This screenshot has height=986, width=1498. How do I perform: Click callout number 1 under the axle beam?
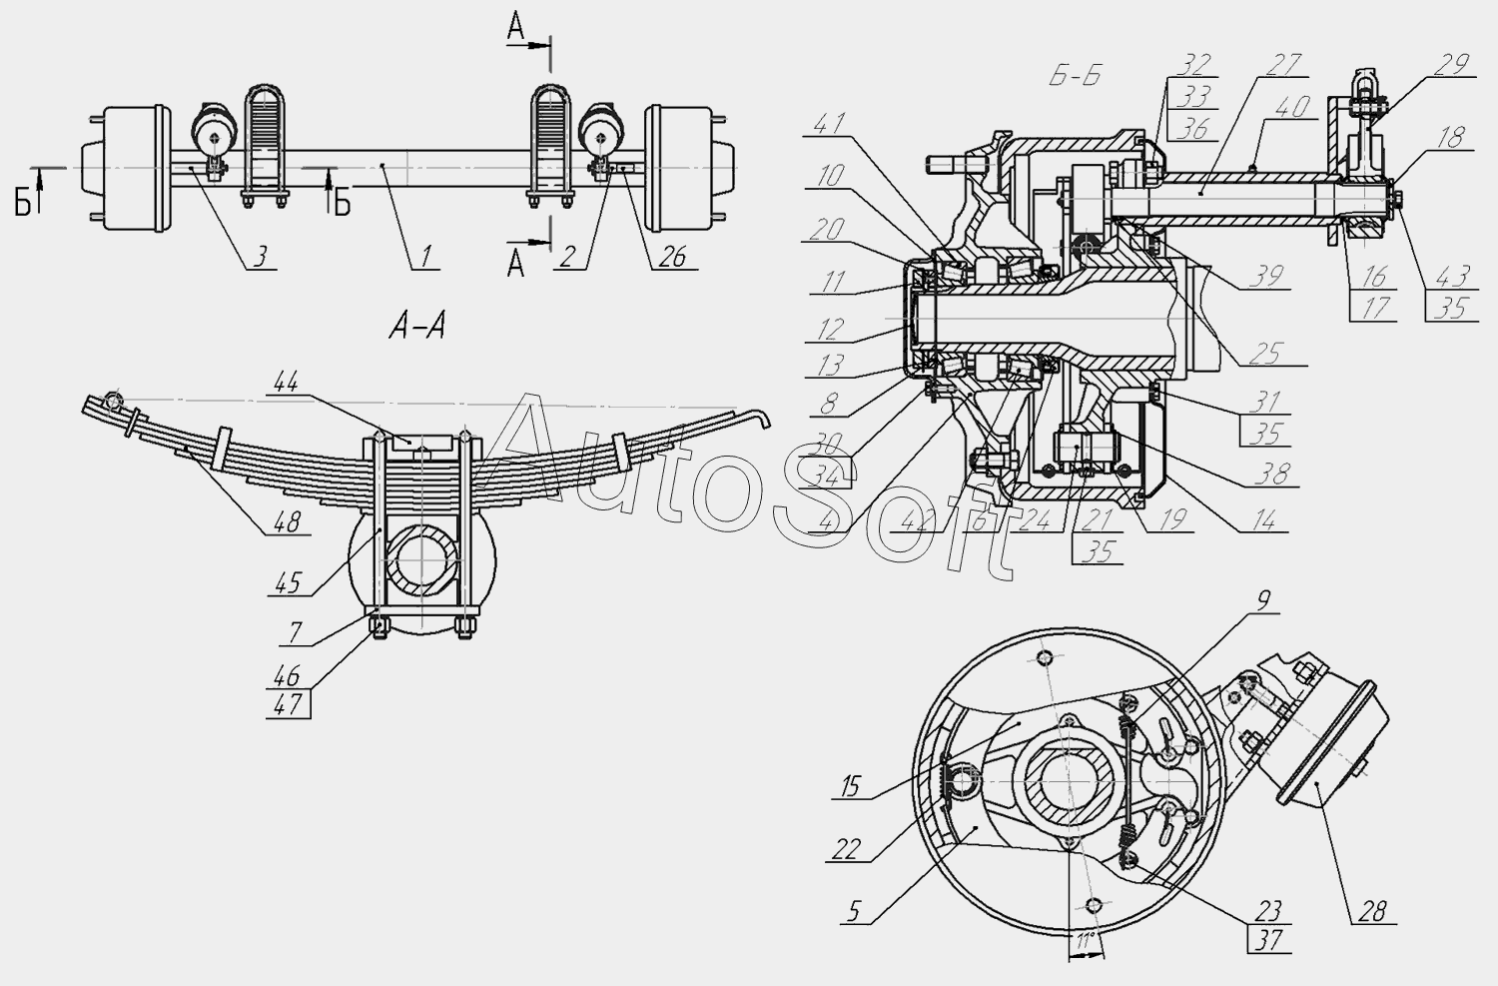(426, 256)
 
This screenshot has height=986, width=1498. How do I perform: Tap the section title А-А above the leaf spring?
(417, 328)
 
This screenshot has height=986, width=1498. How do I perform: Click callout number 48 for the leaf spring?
(288, 521)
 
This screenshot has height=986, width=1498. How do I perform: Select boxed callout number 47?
(288, 704)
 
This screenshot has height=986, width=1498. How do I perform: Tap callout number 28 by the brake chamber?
(1372, 911)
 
